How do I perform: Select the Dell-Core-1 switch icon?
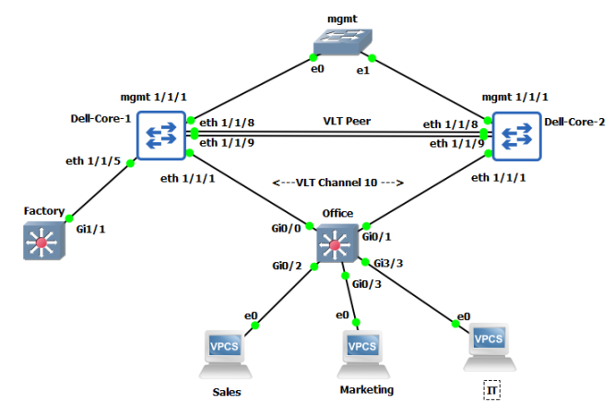162,136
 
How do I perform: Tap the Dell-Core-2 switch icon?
515,136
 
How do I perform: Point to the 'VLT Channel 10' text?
338,183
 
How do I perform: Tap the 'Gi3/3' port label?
388,263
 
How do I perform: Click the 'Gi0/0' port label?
287,228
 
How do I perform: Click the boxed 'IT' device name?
491,392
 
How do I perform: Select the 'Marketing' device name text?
366,389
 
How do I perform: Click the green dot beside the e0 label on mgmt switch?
315,57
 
